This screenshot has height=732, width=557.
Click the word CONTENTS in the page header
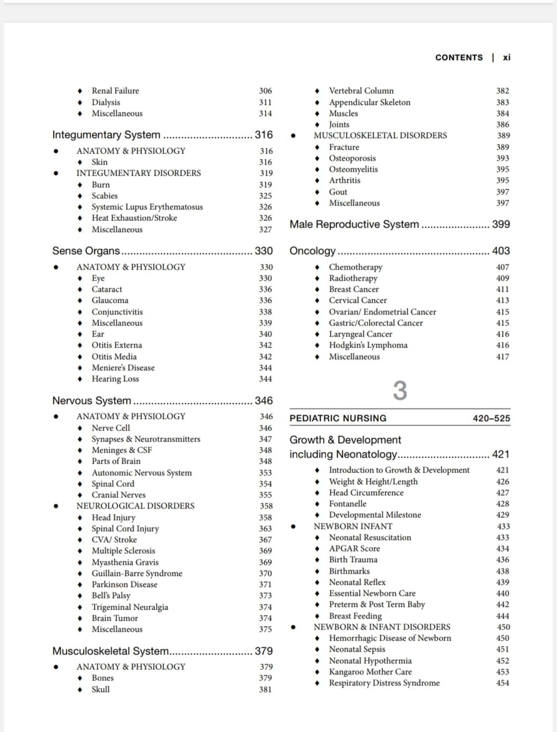click(x=459, y=57)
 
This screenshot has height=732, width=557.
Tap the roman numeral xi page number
click(x=507, y=57)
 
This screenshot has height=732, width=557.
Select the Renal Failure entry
click(x=115, y=91)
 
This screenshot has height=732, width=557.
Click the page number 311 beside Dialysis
click(x=266, y=102)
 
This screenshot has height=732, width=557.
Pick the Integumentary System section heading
click(x=106, y=135)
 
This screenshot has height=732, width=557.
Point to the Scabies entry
click(x=105, y=196)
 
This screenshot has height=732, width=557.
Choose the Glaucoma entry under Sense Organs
click(x=110, y=300)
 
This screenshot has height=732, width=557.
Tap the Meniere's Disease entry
click(x=123, y=368)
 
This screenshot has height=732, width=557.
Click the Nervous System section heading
click(x=92, y=401)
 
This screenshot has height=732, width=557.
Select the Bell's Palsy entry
click(x=111, y=595)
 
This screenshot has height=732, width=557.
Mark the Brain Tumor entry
click(x=114, y=618)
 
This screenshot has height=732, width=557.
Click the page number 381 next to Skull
click(x=266, y=689)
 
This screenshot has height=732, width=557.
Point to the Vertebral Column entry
click(x=361, y=91)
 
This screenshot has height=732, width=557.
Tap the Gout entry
click(x=338, y=192)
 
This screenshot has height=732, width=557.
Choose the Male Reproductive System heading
click(x=354, y=224)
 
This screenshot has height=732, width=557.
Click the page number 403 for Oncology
click(x=501, y=251)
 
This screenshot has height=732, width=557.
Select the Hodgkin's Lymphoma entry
click(x=368, y=345)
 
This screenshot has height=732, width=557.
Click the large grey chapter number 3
click(x=400, y=391)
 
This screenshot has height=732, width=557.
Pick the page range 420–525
click(x=491, y=419)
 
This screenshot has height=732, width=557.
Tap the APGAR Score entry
click(x=354, y=548)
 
